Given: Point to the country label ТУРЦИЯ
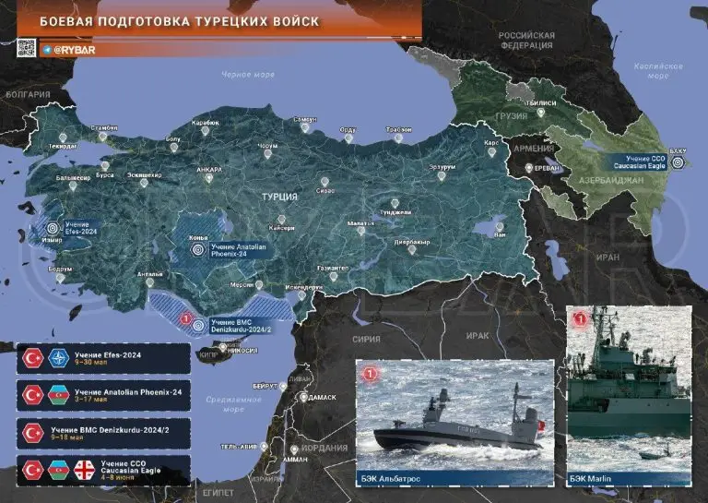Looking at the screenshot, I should [x=279, y=197].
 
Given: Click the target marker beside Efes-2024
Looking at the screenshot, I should [x=52, y=228].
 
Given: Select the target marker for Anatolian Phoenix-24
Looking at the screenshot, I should [x=197, y=247].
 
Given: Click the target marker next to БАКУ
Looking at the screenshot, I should [x=680, y=162].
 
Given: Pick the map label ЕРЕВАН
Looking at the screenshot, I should [x=549, y=168].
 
